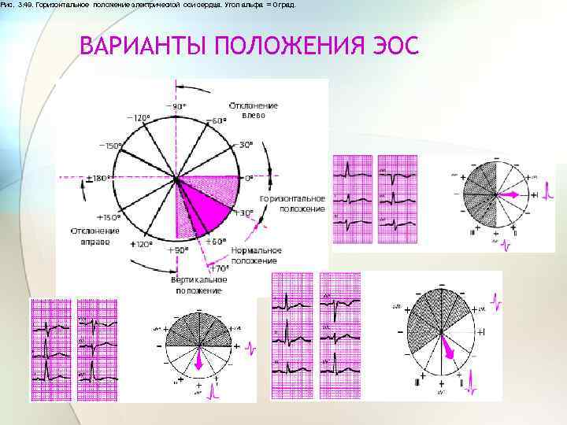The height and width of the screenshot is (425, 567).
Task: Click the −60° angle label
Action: [217, 120]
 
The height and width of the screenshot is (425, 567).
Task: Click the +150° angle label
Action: [109, 216]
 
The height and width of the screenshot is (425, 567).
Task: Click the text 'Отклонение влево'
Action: [254, 109]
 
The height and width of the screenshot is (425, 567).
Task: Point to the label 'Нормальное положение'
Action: [254, 255]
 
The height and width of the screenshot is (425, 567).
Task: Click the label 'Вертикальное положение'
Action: [199, 284]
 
